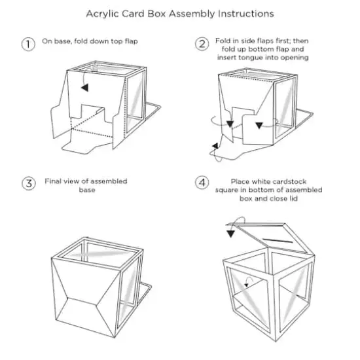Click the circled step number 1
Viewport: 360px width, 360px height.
28,45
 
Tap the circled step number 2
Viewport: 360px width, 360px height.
202,44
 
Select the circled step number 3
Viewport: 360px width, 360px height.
28,183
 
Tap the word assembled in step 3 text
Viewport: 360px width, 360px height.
109,181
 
